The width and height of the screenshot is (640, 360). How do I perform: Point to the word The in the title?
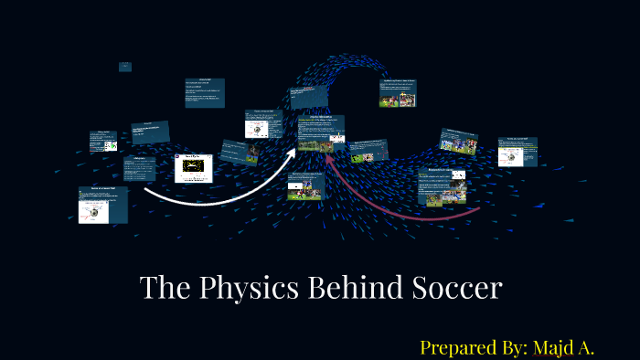point(163,289)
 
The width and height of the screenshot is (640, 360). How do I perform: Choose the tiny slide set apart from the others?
point(125,67)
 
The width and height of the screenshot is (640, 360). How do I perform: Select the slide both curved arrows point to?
point(321,132)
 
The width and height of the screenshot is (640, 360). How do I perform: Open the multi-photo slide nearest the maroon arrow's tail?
point(443,186)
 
